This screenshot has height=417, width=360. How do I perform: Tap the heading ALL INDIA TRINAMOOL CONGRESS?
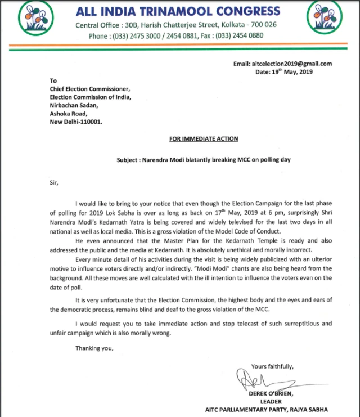[177, 11]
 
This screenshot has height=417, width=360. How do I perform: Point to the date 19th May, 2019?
[283, 72]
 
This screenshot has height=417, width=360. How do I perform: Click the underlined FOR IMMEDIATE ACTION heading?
[204, 138]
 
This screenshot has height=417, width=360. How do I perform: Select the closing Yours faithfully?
[272, 366]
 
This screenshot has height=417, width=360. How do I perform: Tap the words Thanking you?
[94, 348]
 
